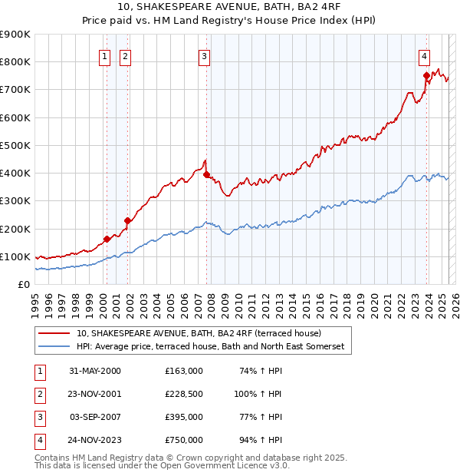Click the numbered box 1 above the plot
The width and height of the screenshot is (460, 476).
[x=104, y=55]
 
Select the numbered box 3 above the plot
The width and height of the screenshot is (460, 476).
[x=205, y=55]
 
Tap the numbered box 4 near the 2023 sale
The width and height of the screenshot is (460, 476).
[x=424, y=55]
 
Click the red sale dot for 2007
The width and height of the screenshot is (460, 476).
[x=207, y=175]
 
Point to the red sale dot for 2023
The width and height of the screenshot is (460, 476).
[x=426, y=75]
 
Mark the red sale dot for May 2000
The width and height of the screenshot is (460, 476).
[x=107, y=239]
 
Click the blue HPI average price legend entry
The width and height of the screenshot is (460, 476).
[x=211, y=347]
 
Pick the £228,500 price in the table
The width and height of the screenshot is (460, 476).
[x=184, y=393]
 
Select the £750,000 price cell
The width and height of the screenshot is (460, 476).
[x=184, y=440]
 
